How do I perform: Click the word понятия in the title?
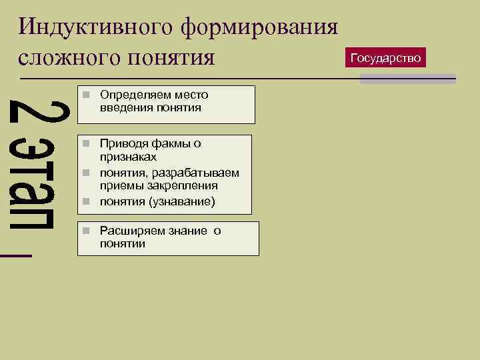(x=179, y=58)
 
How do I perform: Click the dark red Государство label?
(x=386, y=58)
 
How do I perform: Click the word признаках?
(x=129, y=157)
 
